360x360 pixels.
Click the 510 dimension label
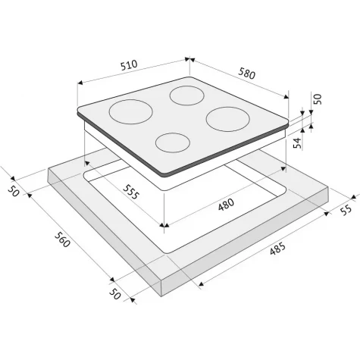[x=129, y=65]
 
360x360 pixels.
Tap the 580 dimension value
[x=246, y=73]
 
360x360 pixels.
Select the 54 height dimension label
[x=298, y=142]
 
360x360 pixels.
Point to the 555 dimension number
[x=130, y=192]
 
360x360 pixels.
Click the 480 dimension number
[x=226, y=205]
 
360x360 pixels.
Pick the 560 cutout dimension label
[x=61, y=239]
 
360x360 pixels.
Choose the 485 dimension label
[x=277, y=249]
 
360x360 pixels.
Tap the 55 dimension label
[x=346, y=209]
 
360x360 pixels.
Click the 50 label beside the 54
[x=318, y=99]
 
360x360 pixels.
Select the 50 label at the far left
[x=14, y=191]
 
